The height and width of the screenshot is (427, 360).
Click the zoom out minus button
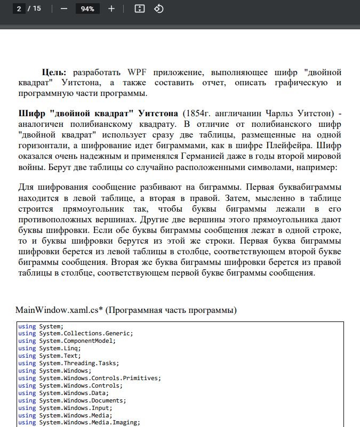point(64,9)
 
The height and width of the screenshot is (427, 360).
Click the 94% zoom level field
point(87,9)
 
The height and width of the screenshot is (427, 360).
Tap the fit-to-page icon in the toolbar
point(140,9)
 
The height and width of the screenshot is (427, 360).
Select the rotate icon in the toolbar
point(158,9)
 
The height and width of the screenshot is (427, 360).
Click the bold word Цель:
point(54,72)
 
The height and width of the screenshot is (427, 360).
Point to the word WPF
point(138,72)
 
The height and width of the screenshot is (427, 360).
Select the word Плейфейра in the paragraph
point(293,144)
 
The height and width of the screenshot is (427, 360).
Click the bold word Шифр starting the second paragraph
point(32,114)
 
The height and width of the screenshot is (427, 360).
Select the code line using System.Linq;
point(50,348)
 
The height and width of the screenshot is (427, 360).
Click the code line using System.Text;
point(50,356)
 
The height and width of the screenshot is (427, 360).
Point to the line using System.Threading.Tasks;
point(69,363)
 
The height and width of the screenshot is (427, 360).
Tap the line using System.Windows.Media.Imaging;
point(79,423)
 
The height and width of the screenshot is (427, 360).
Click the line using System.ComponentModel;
point(67,341)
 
